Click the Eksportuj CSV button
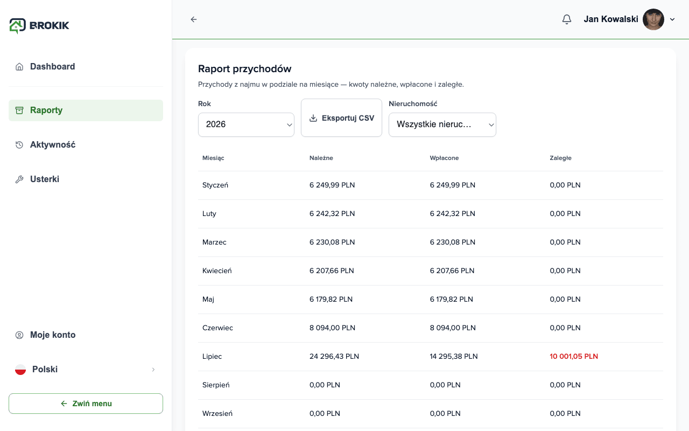(x=341, y=118)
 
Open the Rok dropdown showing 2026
(x=246, y=124)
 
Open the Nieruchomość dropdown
(x=442, y=124)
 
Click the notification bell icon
(x=567, y=19)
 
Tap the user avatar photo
(x=653, y=19)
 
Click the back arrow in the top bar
(x=193, y=19)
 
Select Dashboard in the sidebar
(x=53, y=66)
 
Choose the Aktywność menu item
(x=53, y=145)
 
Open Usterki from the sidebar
(x=45, y=179)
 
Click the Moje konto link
(x=53, y=335)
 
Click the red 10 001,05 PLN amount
(x=574, y=356)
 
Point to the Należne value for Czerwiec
(x=332, y=328)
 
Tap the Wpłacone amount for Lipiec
(x=454, y=356)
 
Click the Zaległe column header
(x=560, y=158)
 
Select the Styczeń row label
(x=215, y=185)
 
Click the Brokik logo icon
(x=17, y=25)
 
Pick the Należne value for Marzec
(x=332, y=242)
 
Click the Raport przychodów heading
(x=244, y=68)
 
